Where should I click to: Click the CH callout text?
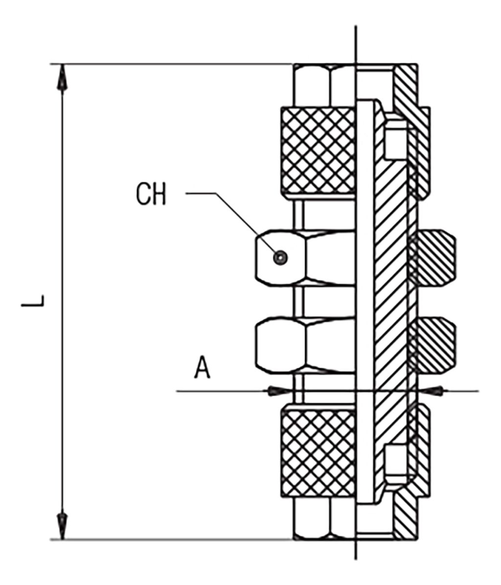tap(151, 195)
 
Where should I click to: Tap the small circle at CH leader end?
tap(280, 257)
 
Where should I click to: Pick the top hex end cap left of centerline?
tap(323, 85)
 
